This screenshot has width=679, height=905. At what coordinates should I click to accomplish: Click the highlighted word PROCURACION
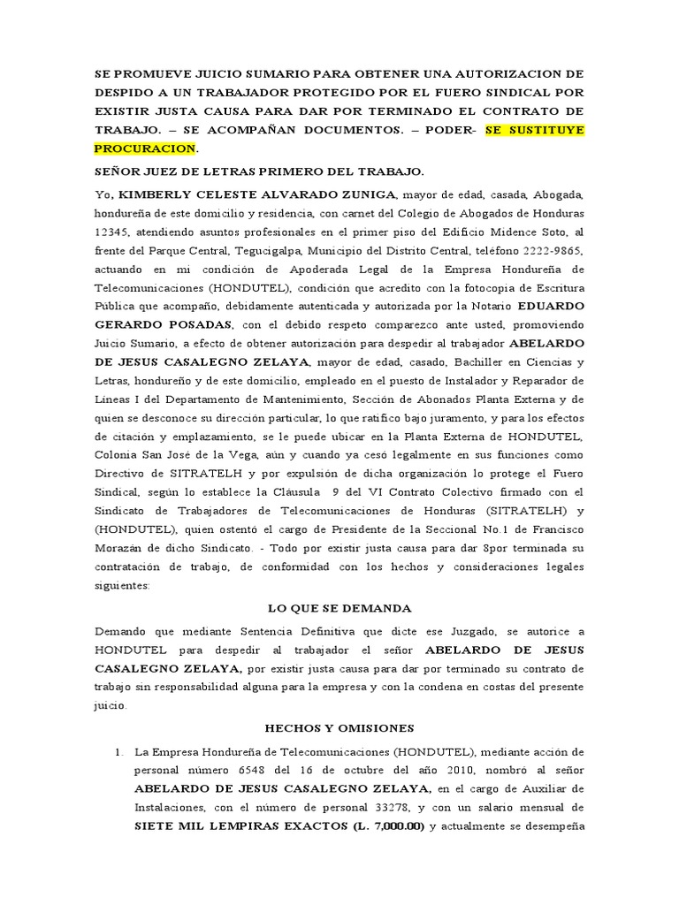(144, 148)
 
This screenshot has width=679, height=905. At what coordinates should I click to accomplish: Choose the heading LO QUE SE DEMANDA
(339, 609)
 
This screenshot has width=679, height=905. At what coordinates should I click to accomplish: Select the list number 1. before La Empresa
(119, 750)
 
